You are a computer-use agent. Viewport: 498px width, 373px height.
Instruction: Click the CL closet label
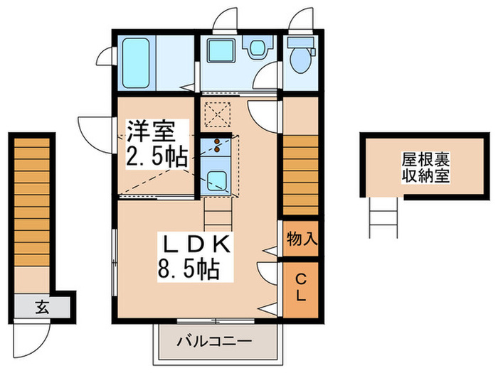(301, 288)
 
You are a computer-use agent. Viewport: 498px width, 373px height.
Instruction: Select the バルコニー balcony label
(214, 341)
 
